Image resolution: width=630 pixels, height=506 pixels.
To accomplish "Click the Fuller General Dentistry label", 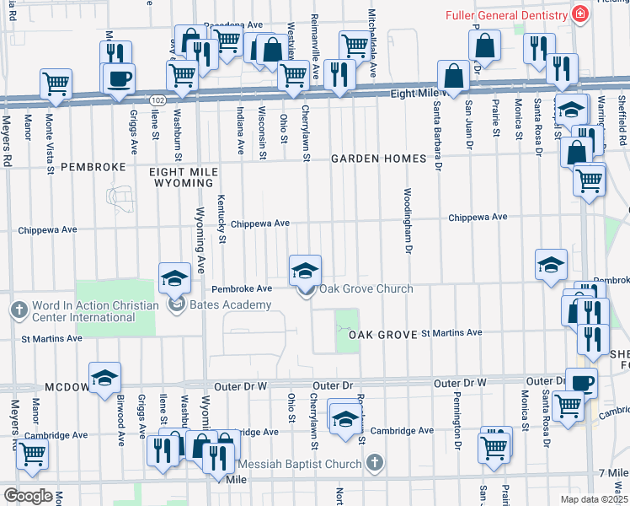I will pyautogui.click(x=505, y=16).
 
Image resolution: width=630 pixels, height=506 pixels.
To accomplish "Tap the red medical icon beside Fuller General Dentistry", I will pyautogui.click(x=579, y=15).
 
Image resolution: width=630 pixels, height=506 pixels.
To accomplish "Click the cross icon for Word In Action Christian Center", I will pyautogui.click(x=17, y=310).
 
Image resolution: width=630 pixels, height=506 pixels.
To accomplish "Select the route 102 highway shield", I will pyautogui.click(x=157, y=100).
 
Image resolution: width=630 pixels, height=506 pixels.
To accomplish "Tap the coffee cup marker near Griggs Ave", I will pyautogui.click(x=118, y=78).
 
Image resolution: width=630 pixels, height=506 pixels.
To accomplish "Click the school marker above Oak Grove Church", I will pyautogui.click(x=305, y=270).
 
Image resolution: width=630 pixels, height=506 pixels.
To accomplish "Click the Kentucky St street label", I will pyautogui.click(x=222, y=218).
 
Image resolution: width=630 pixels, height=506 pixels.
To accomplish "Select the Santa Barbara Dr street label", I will pyautogui.click(x=438, y=135).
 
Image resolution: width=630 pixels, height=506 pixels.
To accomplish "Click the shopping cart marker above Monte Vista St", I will pyautogui.click(x=56, y=83).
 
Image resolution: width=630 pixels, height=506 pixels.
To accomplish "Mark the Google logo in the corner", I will pyautogui.click(x=28, y=496).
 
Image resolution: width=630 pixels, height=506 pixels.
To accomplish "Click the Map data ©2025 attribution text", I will pyautogui.click(x=594, y=499).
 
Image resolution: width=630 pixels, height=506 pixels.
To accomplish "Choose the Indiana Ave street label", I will pyautogui.click(x=240, y=131).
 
